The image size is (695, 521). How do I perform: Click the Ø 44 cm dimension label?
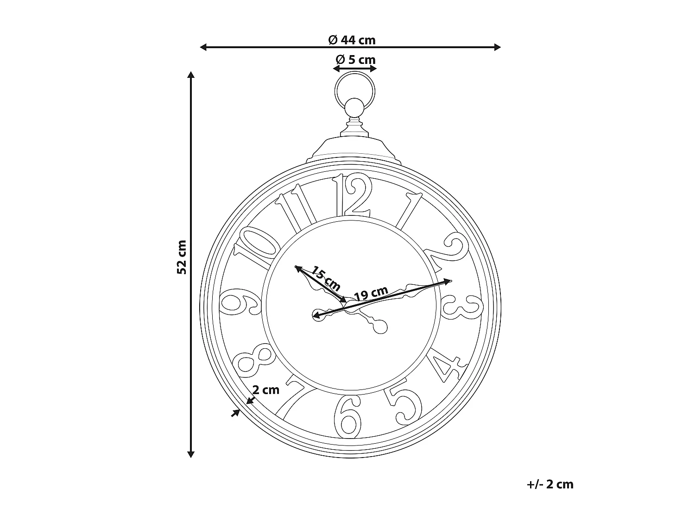pyautogui.click(x=351, y=40)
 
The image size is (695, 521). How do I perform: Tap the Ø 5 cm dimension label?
pyautogui.click(x=355, y=60)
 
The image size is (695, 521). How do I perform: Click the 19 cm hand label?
pyautogui.click(x=371, y=294)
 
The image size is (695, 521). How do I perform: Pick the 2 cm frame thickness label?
pyautogui.click(x=266, y=390)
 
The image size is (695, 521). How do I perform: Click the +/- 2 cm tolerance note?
pyautogui.click(x=550, y=484)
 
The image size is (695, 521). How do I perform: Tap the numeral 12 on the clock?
pyautogui.click(x=353, y=195)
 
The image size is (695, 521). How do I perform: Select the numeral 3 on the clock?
pyautogui.click(x=460, y=307)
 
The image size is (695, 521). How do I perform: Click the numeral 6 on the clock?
pyautogui.click(x=348, y=415)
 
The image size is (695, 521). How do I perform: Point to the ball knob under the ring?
pyautogui.click(x=355, y=108)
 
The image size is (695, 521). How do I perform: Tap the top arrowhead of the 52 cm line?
pyautogui.click(x=190, y=75)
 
